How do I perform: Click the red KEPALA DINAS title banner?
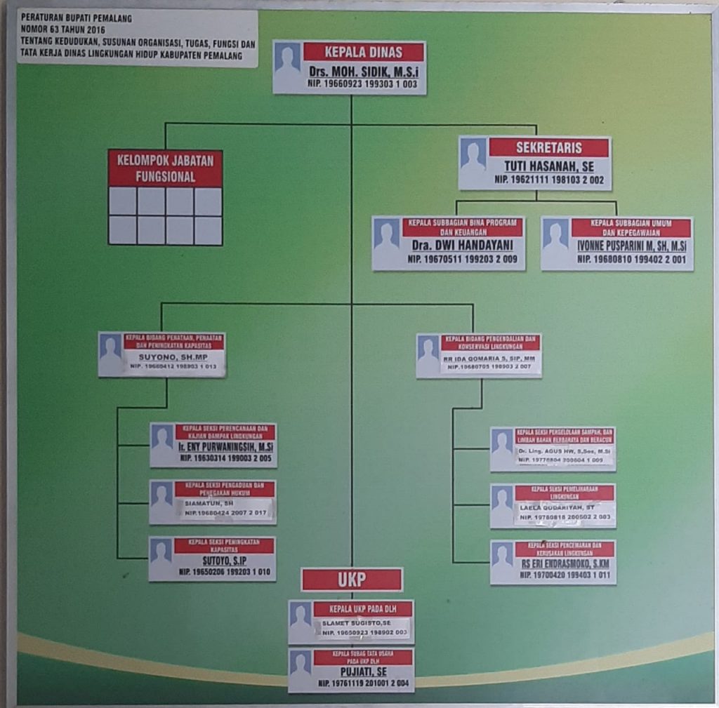point(364,52)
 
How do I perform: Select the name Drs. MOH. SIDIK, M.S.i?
point(364,71)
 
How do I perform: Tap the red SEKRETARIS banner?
point(548,147)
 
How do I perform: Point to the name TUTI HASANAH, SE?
point(548,167)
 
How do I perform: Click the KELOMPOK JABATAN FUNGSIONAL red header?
point(166,168)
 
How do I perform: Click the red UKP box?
point(352,580)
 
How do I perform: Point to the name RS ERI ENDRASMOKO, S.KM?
point(565,563)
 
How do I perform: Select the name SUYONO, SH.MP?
point(164,356)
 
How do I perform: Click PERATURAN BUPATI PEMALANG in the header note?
point(77,18)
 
